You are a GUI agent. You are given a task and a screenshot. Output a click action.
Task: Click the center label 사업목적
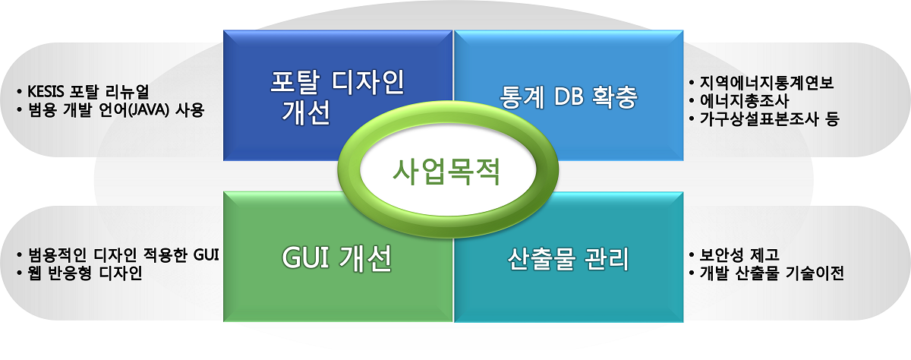[x=446, y=172]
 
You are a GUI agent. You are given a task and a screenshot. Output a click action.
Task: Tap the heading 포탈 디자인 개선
[x=337, y=96]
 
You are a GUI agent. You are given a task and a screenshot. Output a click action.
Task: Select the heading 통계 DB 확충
[x=569, y=96]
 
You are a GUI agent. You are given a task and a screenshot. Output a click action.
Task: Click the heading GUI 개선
[x=337, y=258]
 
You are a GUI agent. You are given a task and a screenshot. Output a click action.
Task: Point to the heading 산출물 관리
[x=569, y=259]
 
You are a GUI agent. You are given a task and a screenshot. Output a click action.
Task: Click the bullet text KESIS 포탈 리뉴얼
[x=88, y=92]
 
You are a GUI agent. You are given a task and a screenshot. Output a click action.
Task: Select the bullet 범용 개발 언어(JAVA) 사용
[x=116, y=110]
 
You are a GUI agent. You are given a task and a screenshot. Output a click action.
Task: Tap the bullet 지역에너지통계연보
[x=766, y=83]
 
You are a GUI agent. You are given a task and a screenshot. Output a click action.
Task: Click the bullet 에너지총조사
[x=744, y=100]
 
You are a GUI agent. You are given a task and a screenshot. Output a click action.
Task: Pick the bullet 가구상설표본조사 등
[x=770, y=118]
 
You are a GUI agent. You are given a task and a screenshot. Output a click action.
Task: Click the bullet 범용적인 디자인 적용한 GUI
[x=123, y=255]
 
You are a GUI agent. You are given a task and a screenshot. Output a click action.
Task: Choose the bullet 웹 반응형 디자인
[x=85, y=273]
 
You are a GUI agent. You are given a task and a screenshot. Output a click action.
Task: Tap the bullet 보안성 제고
[x=739, y=255]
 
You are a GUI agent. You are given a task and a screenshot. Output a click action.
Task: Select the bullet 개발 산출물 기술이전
[x=771, y=273]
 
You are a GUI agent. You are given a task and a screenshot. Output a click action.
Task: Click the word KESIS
[x=46, y=92]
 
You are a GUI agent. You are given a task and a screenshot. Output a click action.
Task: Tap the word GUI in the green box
[x=306, y=258]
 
